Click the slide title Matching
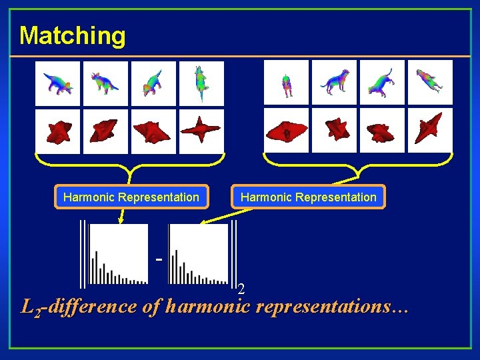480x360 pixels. pos(72,35)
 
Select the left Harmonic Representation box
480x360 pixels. pos(131,197)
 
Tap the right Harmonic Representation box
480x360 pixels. pos(308,197)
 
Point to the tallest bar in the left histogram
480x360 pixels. pos(96,267)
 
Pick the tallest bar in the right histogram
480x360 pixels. pos(176,267)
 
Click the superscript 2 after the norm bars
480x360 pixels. pos(241,289)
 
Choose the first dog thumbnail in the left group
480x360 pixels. pos(57,83)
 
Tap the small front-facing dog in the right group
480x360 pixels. pos(287,83)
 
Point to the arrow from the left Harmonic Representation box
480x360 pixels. pos(121,215)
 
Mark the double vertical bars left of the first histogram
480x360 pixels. pos(83,253)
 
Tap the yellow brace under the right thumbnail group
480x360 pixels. pos(358,164)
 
